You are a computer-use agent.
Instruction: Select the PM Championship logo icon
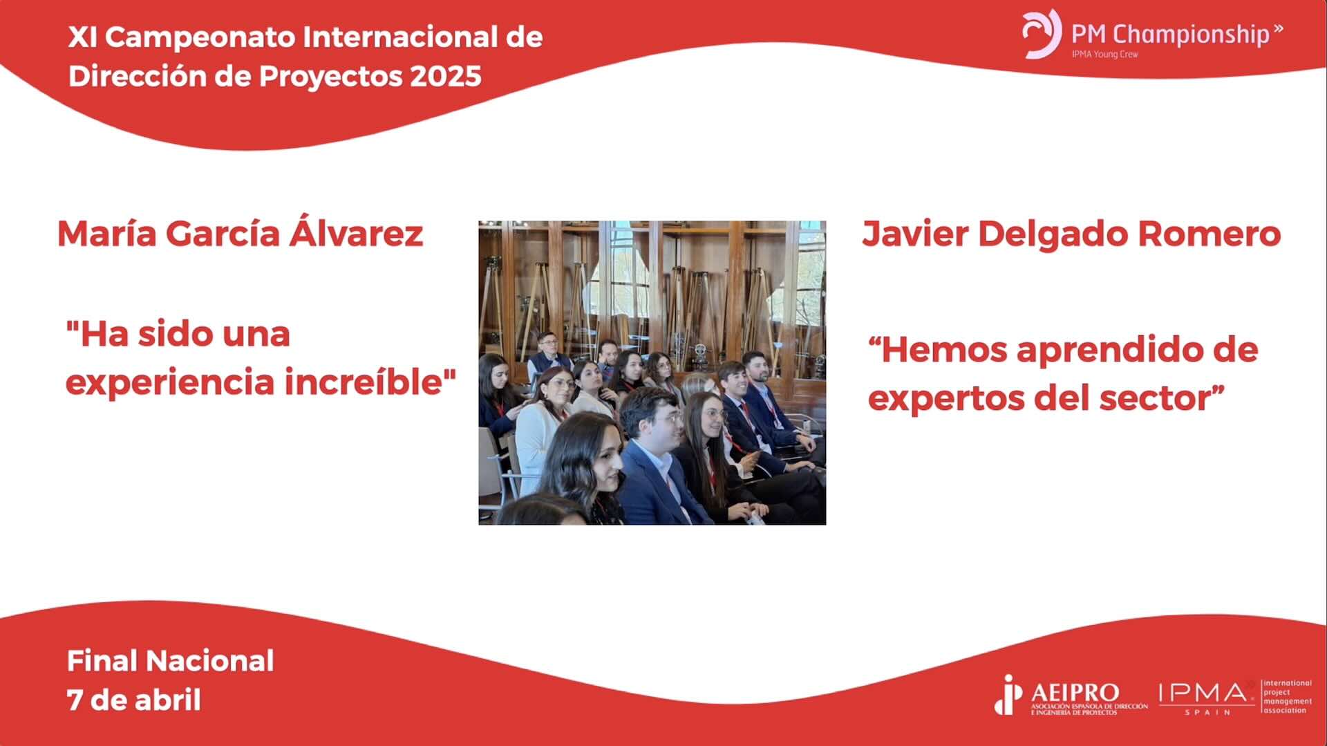[x=1042, y=34]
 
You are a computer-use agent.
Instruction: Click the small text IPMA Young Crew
[x=1104, y=54]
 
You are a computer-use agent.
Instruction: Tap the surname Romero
[x=1210, y=234]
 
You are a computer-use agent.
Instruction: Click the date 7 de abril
[x=134, y=700]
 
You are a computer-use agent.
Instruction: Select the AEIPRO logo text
[x=1075, y=693]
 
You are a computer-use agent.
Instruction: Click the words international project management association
[x=1287, y=697]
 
